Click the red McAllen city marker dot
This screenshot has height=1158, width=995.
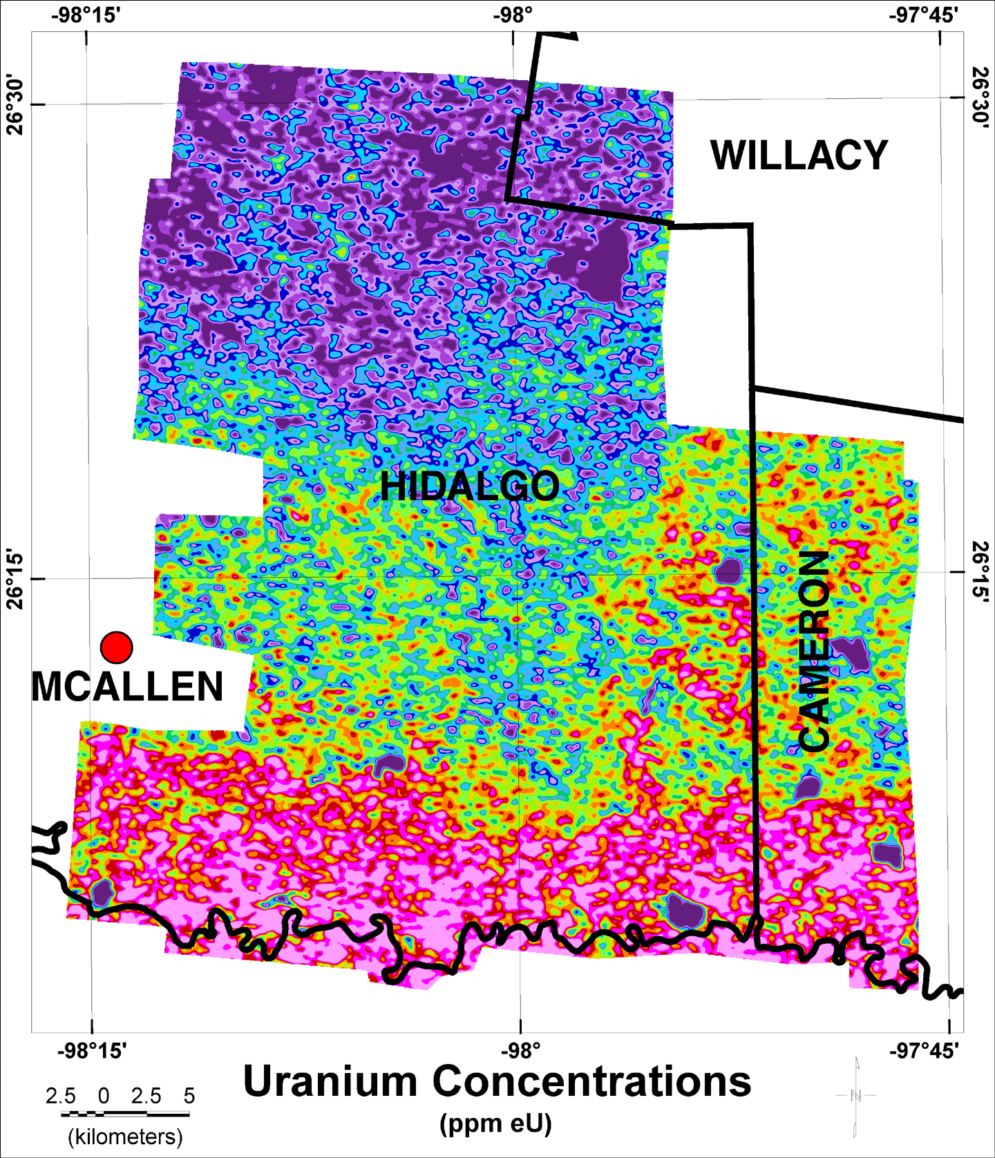click(116, 647)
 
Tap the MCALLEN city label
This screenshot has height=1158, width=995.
click(128, 687)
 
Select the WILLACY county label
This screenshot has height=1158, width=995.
click(799, 155)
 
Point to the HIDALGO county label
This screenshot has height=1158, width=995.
click(469, 486)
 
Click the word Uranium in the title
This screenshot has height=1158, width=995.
click(330, 1081)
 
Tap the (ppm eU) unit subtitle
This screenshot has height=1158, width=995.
click(496, 1123)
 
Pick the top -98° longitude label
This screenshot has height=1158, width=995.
click(513, 15)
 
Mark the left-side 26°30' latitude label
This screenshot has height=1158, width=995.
click(15, 106)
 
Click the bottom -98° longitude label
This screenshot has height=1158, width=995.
click(520, 1051)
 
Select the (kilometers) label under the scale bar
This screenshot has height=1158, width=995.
click(125, 1137)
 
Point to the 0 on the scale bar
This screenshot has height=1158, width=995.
click(104, 1096)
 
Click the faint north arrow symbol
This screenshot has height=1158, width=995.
click(856, 1096)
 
